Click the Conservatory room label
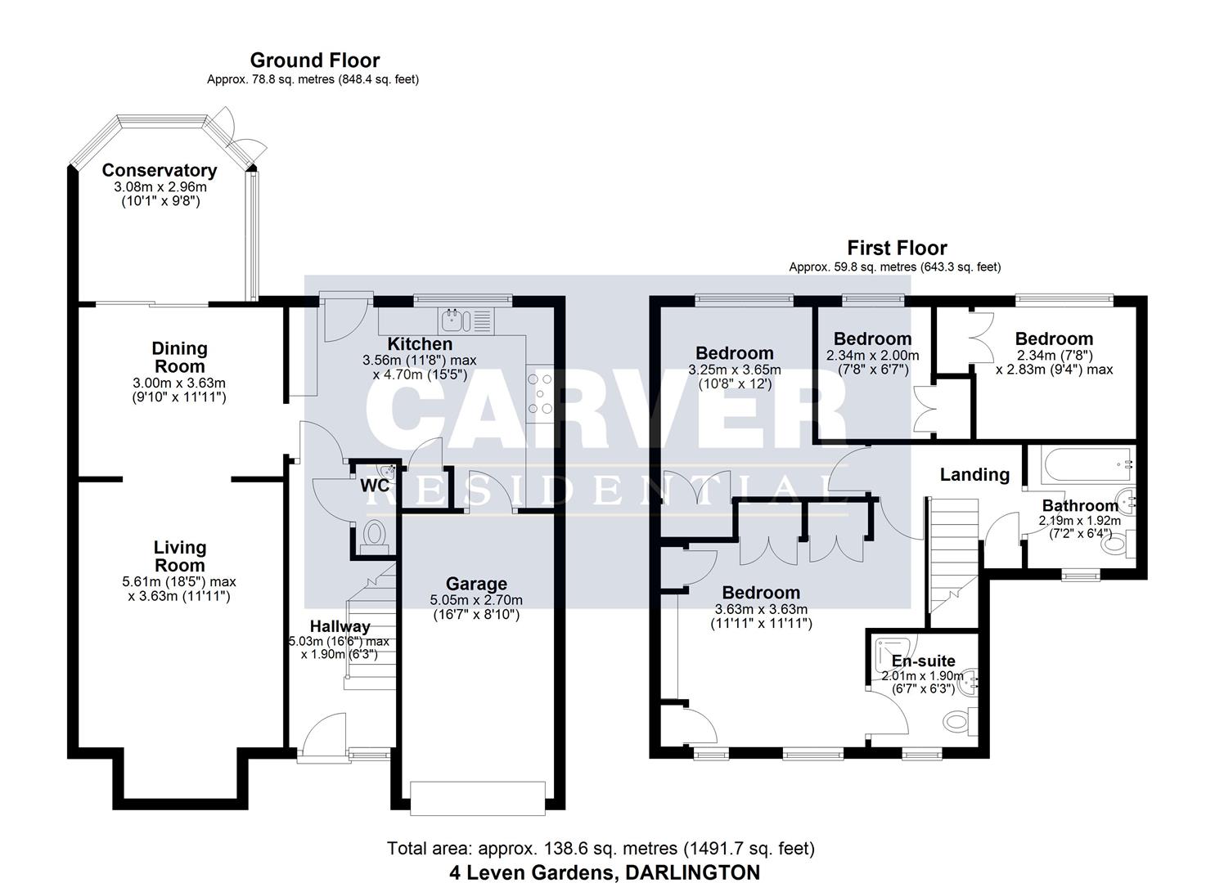pyautogui.click(x=159, y=171)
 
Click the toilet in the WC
pyautogui.click(x=375, y=536)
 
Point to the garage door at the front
pyautogui.click(x=477, y=798)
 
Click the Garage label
pyautogui.click(x=476, y=584)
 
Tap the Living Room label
pyautogui.click(x=179, y=556)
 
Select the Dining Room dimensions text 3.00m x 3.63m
pyautogui.click(x=179, y=383)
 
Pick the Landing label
pyautogui.click(x=974, y=474)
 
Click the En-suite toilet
pyautogui.click(x=956, y=722)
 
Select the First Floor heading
pyautogui.click(x=897, y=248)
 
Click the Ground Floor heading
pyautogui.click(x=314, y=61)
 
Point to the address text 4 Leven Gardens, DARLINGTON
pyautogui.click(x=604, y=872)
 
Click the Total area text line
pyautogui.click(x=601, y=849)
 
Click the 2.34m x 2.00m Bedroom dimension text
pyautogui.click(x=872, y=356)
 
